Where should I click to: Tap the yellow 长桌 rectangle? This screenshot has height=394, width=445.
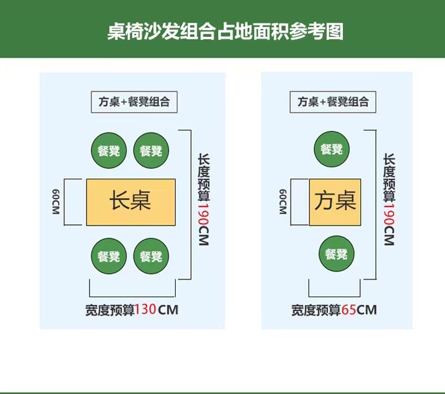(x=131, y=202)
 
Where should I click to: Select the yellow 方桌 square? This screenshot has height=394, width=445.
(x=335, y=202)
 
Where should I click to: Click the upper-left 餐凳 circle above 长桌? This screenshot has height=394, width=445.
(x=109, y=151)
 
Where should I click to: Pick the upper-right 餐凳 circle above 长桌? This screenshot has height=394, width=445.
(x=151, y=151)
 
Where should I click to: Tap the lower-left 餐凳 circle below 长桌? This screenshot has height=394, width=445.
(x=109, y=256)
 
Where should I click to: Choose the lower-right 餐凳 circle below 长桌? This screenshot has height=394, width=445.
(x=151, y=256)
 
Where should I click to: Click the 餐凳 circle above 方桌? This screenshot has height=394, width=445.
(x=331, y=149)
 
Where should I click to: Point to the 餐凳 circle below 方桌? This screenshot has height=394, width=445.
(x=336, y=254)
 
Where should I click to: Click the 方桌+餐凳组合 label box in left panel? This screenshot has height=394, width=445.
(x=134, y=101)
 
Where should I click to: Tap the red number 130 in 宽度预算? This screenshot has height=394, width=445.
(x=146, y=310)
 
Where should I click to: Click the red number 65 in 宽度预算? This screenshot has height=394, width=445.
(x=348, y=310)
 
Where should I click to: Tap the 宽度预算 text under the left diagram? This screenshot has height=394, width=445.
(x=110, y=310)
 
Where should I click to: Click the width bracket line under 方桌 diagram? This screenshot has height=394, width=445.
(x=335, y=295)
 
